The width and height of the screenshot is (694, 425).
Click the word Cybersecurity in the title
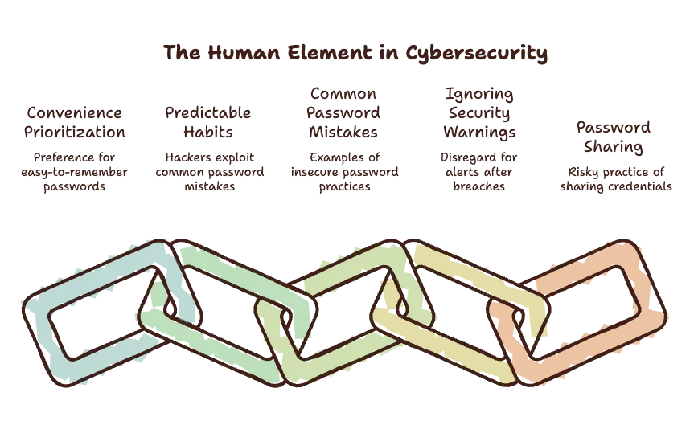coord(476,54)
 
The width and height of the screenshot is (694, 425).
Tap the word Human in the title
coord(244,53)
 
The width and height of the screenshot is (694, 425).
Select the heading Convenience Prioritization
coord(74,122)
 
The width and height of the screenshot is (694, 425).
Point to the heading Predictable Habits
coord(208,122)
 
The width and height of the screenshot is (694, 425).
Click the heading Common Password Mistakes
coord(343,112)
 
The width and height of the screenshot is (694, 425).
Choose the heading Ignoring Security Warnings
coord(479,113)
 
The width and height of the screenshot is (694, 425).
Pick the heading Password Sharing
coord(614,137)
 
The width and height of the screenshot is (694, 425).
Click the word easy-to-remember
coord(74,172)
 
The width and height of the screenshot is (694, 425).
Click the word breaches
coord(479,186)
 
